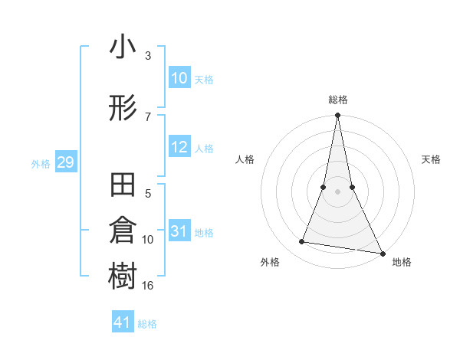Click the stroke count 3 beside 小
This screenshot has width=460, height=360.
[x=148, y=56]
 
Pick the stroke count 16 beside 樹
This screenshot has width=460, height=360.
[x=148, y=286]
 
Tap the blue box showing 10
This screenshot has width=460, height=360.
[x=179, y=78]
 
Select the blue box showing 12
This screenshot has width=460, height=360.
[x=179, y=148]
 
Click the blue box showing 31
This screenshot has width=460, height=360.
[x=179, y=231]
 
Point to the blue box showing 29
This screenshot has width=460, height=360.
[x=65, y=162]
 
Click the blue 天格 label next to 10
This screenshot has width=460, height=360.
[x=204, y=80]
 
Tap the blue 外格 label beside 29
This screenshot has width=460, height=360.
[x=41, y=163]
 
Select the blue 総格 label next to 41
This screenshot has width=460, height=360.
[x=147, y=323]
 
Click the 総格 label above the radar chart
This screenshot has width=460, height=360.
[x=337, y=100]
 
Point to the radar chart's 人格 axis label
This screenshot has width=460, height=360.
[x=245, y=159]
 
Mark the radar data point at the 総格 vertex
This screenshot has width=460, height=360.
[x=337, y=116]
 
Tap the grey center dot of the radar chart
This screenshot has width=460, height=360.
[x=337, y=191]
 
